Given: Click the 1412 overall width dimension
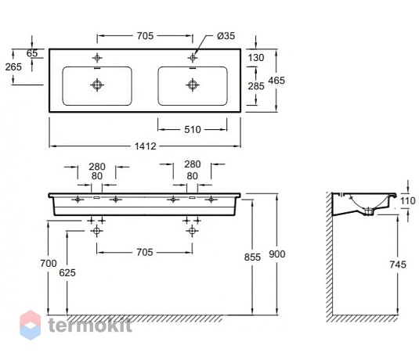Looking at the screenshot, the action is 145,146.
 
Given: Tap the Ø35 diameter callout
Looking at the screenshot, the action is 226,36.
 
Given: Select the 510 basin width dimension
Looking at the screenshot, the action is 193,130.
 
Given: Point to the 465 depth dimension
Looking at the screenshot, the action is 276,80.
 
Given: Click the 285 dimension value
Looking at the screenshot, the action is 256,86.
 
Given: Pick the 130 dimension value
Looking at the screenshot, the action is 256,57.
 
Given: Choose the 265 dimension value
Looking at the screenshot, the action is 13,67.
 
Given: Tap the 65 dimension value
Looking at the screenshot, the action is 32,53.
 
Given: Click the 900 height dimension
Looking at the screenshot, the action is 277,254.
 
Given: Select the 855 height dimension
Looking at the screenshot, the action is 252,257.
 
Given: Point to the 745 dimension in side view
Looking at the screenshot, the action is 398,265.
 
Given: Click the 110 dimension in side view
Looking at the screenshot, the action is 408,200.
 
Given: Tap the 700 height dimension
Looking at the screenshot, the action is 49,263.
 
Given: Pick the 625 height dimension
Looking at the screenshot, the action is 67,272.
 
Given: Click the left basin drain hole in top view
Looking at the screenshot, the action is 97,85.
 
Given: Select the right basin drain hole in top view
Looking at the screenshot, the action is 193,85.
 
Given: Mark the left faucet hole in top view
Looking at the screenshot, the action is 97,57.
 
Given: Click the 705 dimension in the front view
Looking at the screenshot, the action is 145,252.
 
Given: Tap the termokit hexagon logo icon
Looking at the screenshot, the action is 31,325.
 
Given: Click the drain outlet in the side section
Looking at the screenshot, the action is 369,211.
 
